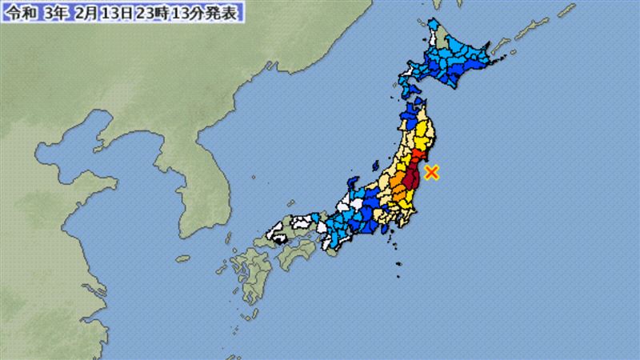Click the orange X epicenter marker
432,171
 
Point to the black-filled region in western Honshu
279,237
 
